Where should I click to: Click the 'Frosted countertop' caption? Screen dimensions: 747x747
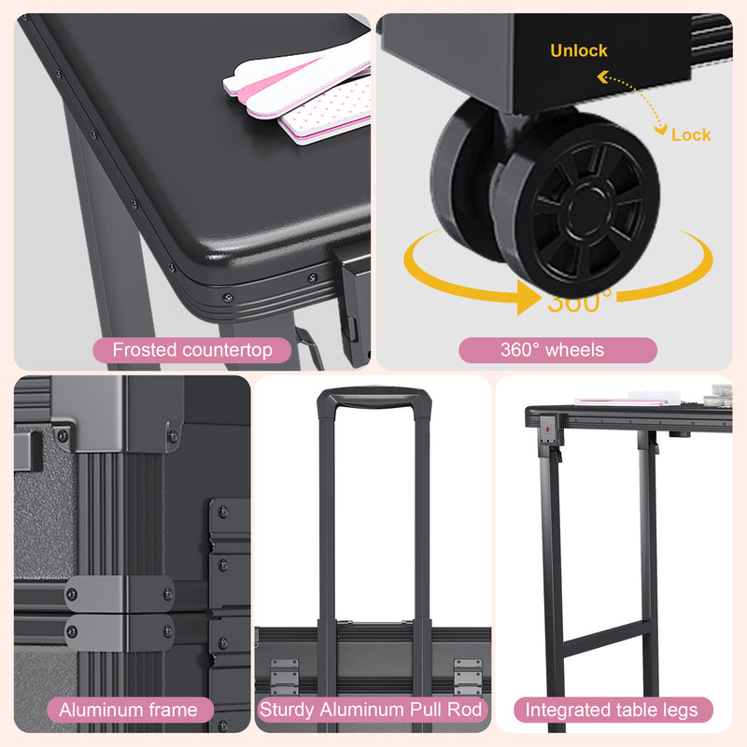click(192, 350)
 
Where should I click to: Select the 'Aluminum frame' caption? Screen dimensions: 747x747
click(129, 710)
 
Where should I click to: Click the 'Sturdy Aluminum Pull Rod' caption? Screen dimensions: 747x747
click(371, 710)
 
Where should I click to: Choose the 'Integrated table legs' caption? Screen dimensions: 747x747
click(613, 710)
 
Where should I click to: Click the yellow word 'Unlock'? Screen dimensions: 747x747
click(579, 50)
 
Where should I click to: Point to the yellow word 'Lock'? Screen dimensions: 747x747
click(691, 134)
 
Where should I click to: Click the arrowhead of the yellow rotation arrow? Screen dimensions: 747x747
click(528, 298)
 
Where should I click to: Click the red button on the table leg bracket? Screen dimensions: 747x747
click(548, 429)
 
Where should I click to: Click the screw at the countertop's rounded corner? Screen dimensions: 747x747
click(228, 298)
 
